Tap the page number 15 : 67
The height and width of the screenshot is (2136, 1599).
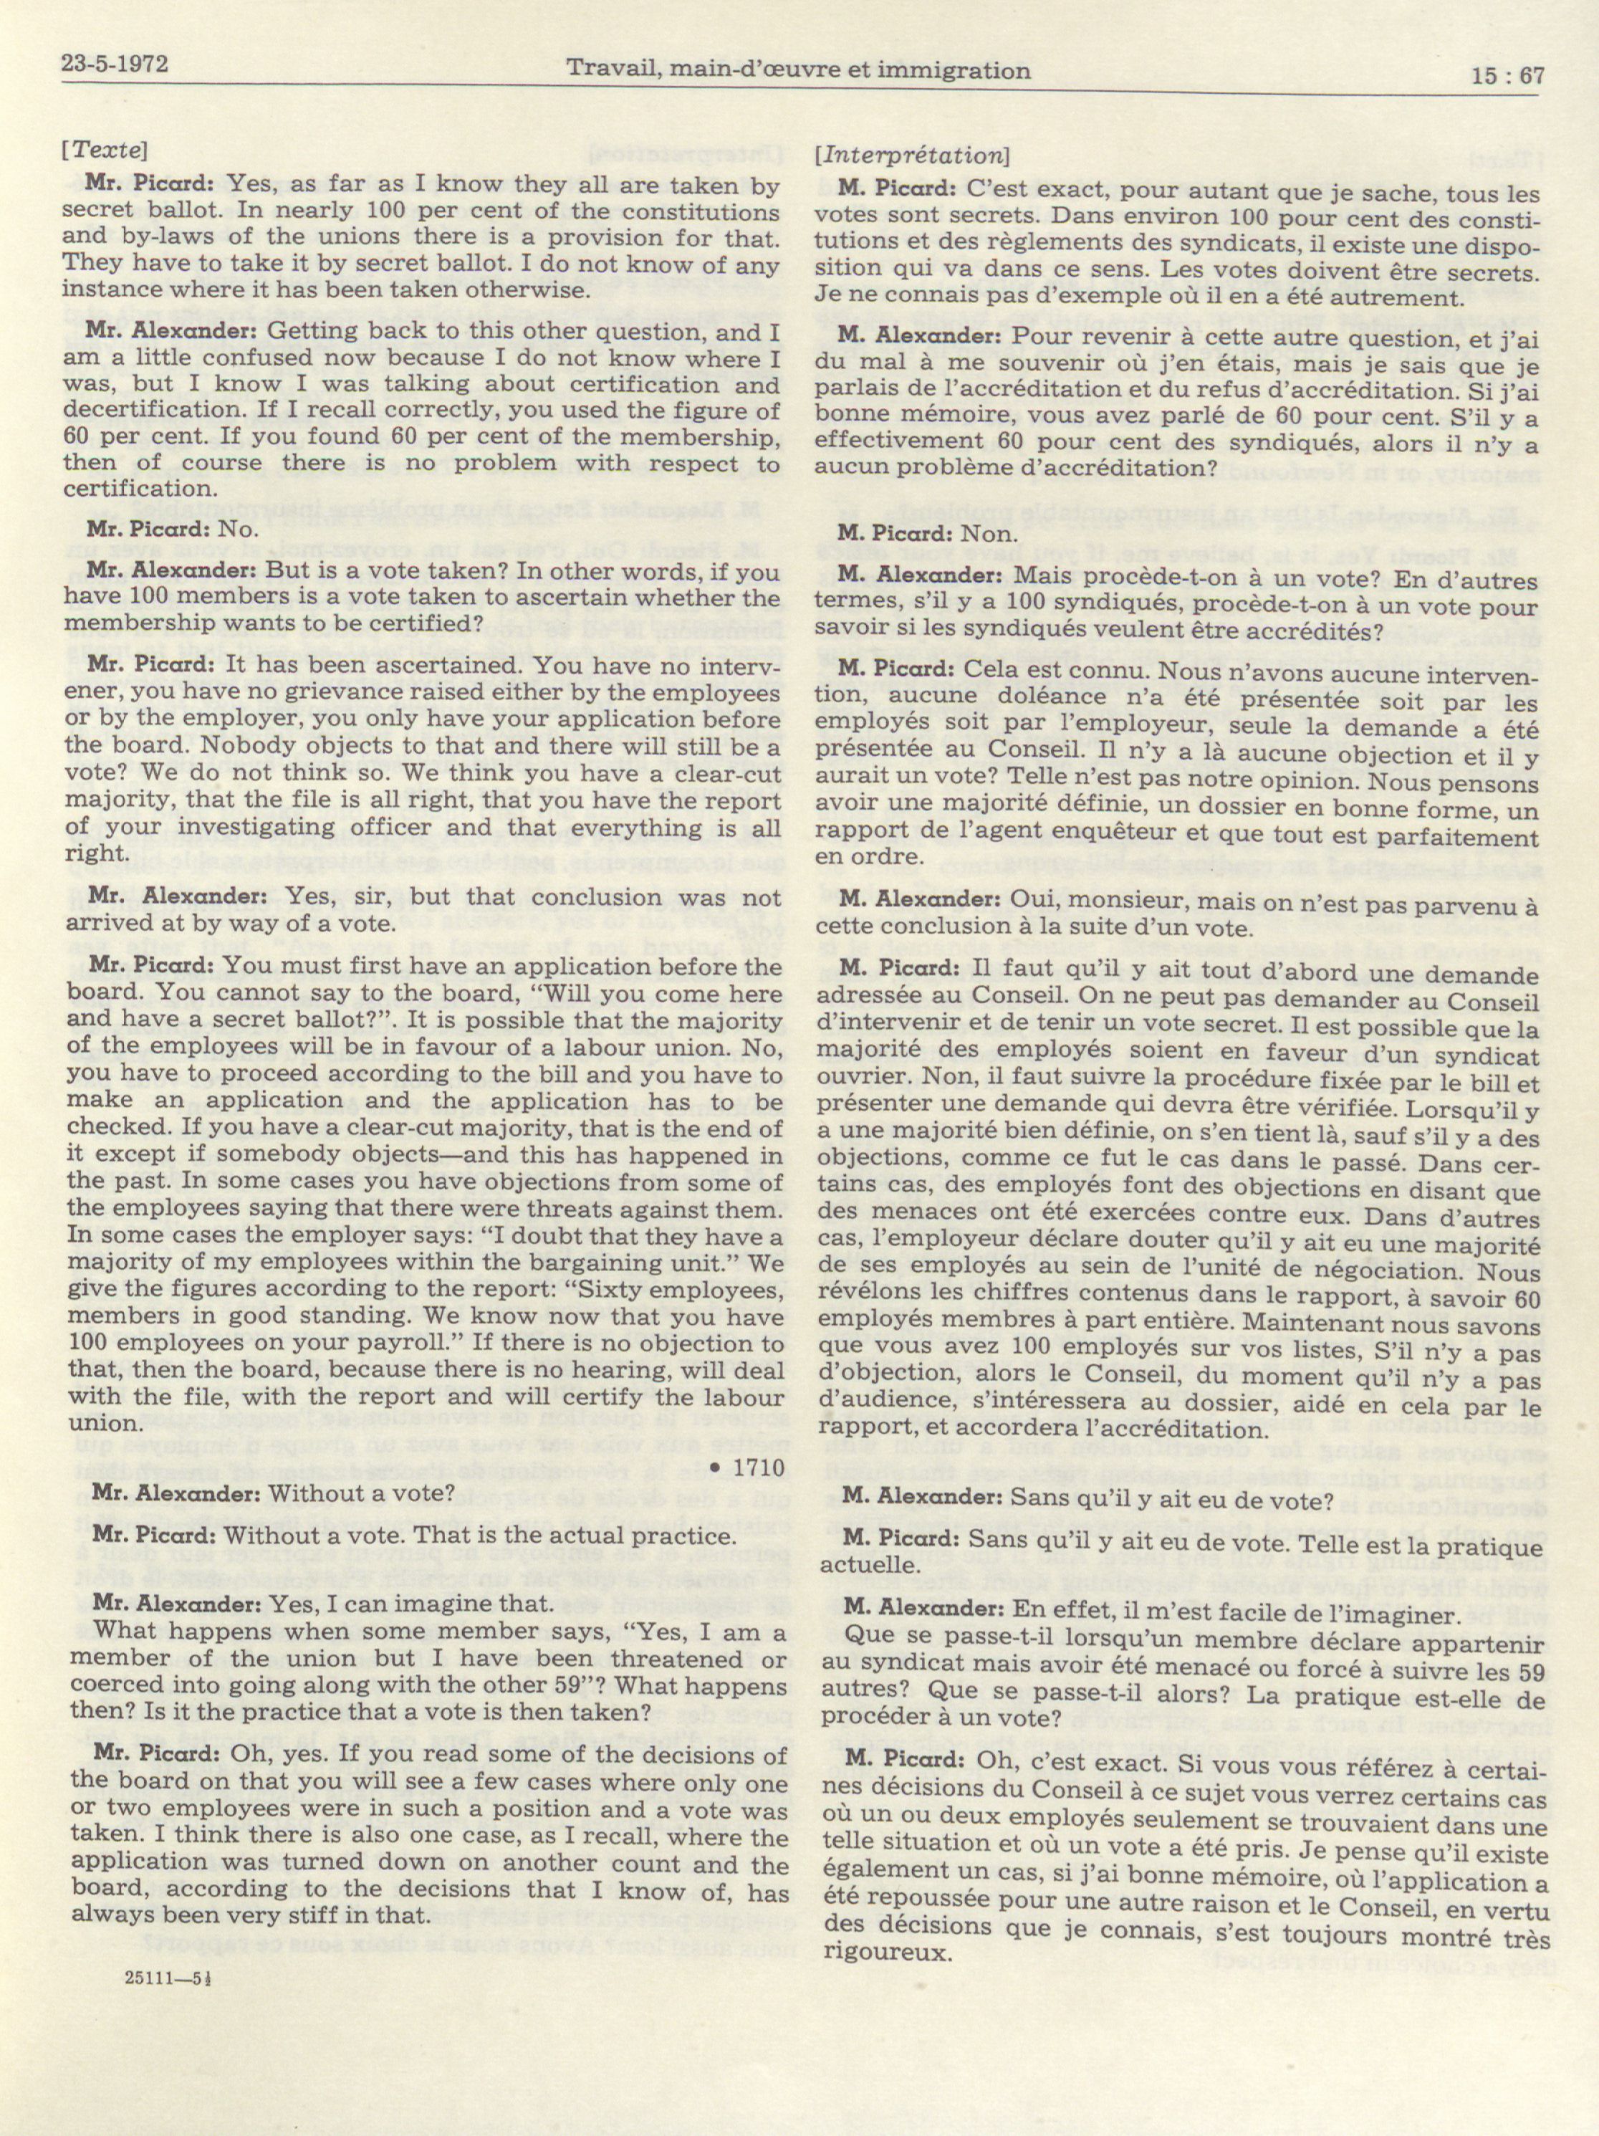(x=1507, y=75)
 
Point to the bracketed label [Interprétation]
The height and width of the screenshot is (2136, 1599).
(x=910, y=155)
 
